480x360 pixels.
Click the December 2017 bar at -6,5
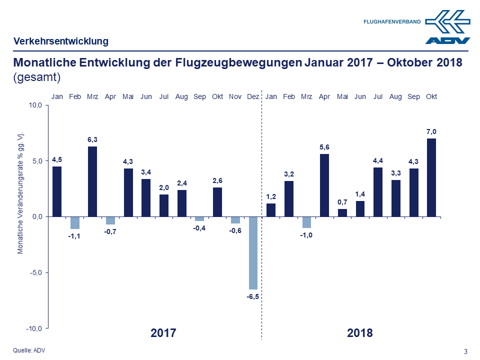click(253, 253)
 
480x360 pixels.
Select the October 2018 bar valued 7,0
click(431, 177)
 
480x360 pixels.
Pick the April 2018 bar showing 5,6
click(324, 185)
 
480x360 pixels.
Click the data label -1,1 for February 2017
click(74, 236)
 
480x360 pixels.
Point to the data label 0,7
click(342, 202)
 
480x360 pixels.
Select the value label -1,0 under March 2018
click(306, 235)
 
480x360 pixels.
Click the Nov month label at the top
click(235, 96)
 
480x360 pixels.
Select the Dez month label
click(253, 96)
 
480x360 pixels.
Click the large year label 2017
click(163, 333)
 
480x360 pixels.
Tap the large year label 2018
click(360, 333)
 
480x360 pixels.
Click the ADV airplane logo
click(448, 27)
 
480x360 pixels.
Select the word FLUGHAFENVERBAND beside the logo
click(392, 22)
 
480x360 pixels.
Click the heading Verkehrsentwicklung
click(61, 41)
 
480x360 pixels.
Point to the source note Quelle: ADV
click(29, 350)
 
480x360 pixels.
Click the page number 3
click(466, 351)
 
